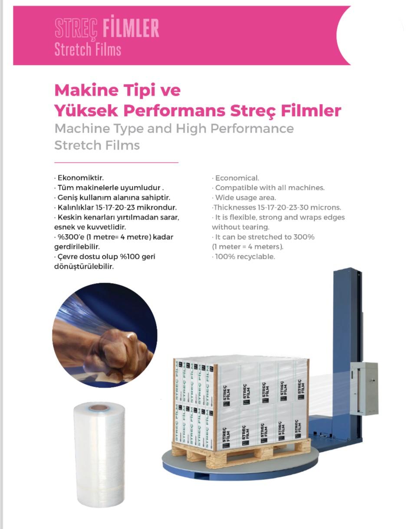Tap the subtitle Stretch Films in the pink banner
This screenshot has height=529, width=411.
point(88,49)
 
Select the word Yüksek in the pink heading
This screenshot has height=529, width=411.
point(86,111)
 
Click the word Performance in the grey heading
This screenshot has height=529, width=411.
point(252,129)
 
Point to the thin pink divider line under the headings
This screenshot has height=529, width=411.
point(116,162)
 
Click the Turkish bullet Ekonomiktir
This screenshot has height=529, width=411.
point(79,178)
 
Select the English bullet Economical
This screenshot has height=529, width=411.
point(235,178)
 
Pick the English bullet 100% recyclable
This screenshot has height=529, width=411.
point(243,257)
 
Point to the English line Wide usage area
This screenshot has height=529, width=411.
point(244,197)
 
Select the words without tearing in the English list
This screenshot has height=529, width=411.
point(240,227)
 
